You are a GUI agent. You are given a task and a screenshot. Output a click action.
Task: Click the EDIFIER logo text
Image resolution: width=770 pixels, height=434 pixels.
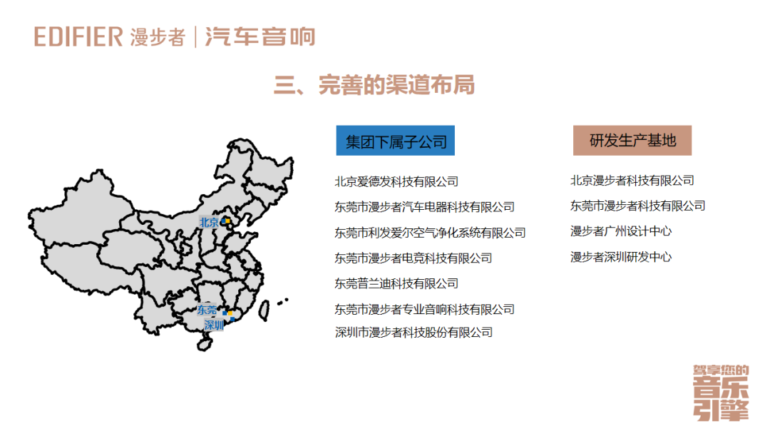pos(78,37)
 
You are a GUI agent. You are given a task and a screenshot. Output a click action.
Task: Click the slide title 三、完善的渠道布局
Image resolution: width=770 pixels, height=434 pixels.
pos(374,85)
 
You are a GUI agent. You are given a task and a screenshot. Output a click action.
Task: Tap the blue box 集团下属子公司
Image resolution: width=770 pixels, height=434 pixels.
pos(396,141)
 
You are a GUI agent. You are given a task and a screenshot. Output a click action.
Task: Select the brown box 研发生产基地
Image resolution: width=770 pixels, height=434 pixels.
pos(632,141)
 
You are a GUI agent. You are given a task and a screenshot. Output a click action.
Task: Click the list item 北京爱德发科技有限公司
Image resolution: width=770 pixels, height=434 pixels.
pos(396,181)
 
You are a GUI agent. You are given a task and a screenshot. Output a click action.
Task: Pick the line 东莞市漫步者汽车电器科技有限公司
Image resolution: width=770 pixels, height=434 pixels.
pos(424,207)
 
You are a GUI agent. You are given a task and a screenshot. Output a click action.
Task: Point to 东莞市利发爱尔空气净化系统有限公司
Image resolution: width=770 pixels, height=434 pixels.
pos(430,233)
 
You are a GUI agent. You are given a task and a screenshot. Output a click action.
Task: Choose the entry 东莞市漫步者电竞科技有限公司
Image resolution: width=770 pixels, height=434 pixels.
pos(414,258)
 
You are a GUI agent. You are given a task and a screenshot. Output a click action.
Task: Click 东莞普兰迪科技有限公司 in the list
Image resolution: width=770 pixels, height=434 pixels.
pos(396,283)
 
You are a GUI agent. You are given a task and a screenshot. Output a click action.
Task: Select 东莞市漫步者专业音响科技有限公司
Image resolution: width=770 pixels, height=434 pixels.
pos(424,309)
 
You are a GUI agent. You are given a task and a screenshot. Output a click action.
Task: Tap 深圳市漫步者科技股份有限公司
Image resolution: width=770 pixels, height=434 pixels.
pos(414,332)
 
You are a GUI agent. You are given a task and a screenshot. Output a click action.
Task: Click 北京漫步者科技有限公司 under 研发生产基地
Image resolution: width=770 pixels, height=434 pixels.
pos(632,181)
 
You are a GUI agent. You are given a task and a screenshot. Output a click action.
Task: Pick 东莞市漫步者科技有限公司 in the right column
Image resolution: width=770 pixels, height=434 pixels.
pos(638,206)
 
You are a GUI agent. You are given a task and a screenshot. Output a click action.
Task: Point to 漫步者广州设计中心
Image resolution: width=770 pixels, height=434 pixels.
pos(621,231)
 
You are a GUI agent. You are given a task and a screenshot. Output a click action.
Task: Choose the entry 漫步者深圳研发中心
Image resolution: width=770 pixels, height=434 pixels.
pos(621,257)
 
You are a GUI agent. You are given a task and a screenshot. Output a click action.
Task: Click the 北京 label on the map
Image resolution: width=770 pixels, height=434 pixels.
pos(209,222)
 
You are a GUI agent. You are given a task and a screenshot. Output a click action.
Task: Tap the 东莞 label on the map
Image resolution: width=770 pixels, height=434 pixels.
pos(207,311)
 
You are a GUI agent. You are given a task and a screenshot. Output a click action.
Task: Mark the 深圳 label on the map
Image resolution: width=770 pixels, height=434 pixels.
pos(214,325)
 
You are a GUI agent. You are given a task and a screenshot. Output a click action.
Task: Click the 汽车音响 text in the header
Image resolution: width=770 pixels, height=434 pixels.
pos(260,37)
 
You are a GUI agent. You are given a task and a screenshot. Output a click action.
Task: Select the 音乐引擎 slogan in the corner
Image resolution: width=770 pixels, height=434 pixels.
pos(721,394)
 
